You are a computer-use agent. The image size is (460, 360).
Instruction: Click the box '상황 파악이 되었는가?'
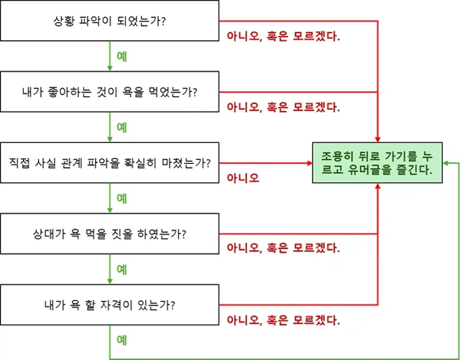point(109,21)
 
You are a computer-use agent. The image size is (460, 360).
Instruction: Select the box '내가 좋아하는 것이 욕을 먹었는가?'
point(109,91)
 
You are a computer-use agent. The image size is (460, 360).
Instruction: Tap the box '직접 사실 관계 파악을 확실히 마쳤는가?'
point(109,162)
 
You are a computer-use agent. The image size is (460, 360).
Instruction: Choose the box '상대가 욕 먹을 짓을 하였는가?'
point(109,234)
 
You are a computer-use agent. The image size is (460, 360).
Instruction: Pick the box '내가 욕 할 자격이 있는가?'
point(109,305)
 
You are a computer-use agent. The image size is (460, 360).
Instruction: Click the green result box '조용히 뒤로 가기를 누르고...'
point(377,162)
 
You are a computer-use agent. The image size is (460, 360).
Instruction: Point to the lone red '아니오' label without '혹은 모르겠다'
point(243,178)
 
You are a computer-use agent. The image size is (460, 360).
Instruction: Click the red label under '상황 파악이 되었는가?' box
point(283,37)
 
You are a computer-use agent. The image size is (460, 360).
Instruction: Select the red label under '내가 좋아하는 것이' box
point(283,107)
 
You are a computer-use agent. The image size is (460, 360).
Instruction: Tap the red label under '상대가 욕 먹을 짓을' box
point(283,248)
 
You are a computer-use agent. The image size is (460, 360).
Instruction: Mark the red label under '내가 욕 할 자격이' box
point(283,320)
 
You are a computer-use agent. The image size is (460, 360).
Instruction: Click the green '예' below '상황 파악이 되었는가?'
point(121,56)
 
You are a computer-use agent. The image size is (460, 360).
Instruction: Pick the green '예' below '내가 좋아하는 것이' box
point(121,127)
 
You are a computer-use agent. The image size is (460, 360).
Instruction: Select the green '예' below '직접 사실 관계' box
point(121,198)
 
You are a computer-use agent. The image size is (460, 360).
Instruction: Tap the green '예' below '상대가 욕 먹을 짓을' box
point(121,269)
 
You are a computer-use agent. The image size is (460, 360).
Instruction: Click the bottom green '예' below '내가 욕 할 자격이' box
point(121,339)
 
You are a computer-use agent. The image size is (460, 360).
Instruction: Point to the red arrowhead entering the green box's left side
point(310,163)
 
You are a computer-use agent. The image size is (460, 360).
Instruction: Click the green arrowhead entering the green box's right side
point(446,163)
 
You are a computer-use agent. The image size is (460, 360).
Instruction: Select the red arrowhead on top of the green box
point(377,139)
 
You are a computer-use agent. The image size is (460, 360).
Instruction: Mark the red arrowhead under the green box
point(377,186)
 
